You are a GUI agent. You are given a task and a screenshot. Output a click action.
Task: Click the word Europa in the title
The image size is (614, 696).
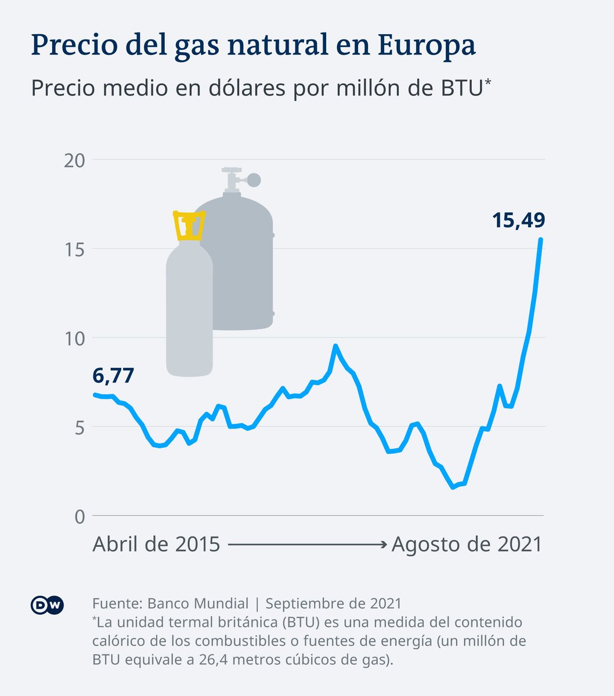(427, 45)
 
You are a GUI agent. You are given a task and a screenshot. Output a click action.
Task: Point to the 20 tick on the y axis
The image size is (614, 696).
(74, 161)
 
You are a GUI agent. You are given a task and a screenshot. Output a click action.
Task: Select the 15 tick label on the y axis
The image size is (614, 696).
(74, 250)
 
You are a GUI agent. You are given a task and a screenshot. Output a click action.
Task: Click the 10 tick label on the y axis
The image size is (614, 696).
(74, 339)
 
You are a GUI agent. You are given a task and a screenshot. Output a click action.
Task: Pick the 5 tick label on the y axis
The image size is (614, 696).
(80, 428)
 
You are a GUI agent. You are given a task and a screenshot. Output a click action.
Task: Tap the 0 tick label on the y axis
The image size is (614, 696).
(80, 517)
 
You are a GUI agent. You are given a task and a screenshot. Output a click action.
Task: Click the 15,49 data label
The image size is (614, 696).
(518, 220)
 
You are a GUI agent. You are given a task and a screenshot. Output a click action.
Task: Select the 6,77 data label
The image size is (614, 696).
(113, 375)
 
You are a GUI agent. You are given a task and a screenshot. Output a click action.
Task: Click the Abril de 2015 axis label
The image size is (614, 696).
(156, 544)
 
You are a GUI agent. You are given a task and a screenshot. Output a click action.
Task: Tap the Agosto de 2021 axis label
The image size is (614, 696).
(467, 545)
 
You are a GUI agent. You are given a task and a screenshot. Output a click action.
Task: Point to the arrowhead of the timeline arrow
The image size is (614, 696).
(384, 545)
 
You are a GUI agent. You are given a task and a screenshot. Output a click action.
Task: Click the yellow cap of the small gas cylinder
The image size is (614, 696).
(189, 226)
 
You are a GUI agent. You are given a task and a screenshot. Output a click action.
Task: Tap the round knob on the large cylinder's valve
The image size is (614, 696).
(254, 180)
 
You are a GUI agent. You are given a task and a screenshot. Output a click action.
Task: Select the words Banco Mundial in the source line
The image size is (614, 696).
(198, 604)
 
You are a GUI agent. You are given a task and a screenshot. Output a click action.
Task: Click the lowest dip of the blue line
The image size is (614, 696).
(453, 487)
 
